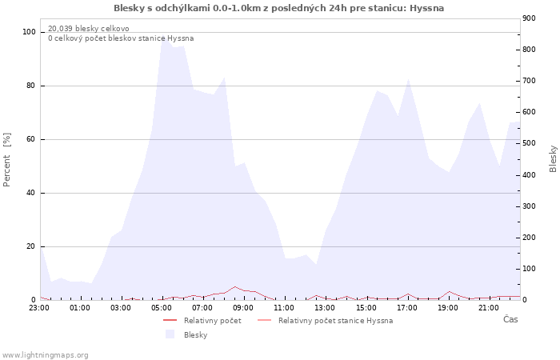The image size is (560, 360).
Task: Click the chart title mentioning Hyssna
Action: (279, 8)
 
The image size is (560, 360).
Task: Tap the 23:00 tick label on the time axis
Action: (39, 308)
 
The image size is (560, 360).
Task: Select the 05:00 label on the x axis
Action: (162, 308)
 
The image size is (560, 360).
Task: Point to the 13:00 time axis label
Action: (325, 308)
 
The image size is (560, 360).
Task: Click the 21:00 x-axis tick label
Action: (488, 308)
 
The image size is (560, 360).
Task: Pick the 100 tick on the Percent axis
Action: (30, 32)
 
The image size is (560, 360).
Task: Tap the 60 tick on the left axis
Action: (31, 139)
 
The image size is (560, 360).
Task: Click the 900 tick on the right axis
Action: (529, 18)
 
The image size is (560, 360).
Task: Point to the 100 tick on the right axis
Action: (529, 269)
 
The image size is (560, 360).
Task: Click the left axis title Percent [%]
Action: (7, 160)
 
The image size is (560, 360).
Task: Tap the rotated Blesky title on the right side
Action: (553, 158)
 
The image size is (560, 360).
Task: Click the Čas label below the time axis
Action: (510, 319)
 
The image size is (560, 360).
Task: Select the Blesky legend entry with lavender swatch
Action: (195, 335)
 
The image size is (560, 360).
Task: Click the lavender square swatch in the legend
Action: (170, 335)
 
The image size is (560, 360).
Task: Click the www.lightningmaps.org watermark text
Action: (45, 355)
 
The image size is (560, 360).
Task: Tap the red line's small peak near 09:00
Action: (234, 286)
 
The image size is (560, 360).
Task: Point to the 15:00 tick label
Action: (366, 308)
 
